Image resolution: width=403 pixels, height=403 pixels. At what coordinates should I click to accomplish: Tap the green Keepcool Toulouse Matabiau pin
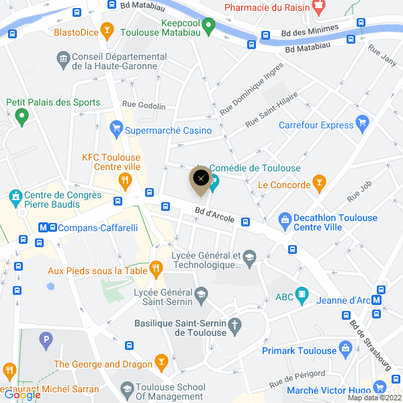208,27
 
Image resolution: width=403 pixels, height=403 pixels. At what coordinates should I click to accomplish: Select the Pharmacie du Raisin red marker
319,7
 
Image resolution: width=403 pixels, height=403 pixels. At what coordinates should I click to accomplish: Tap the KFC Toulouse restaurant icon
124,180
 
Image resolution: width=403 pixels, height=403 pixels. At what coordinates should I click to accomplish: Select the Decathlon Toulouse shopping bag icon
285,219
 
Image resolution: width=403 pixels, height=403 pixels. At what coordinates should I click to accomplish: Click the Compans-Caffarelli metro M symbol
44,228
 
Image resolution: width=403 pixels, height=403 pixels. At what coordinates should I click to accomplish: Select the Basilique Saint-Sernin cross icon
234,327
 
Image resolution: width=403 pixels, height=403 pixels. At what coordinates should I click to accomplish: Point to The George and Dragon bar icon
161,362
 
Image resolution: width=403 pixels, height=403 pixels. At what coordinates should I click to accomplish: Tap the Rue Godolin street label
143,106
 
